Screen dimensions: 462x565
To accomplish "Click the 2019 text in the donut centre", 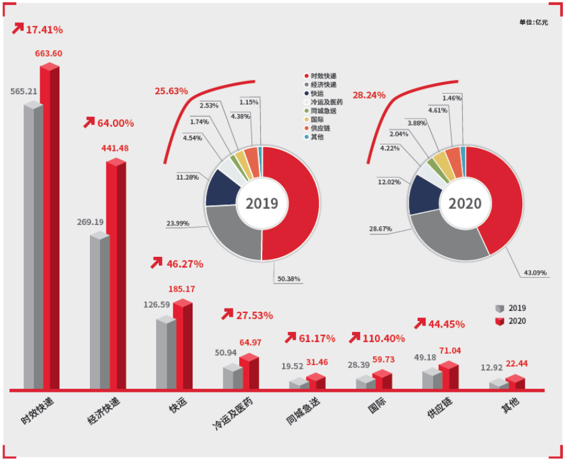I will point(262,203).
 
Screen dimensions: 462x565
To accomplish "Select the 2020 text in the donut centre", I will point(466,203).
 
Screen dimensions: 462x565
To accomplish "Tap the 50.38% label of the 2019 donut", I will point(288,278).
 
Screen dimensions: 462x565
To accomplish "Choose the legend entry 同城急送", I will point(329,111).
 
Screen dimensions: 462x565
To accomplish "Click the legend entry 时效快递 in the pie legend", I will point(329,76).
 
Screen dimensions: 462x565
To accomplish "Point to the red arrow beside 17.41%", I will point(17,28).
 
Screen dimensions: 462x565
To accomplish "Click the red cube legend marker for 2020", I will point(499,321).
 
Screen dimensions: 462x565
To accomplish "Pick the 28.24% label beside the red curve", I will point(369,95).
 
